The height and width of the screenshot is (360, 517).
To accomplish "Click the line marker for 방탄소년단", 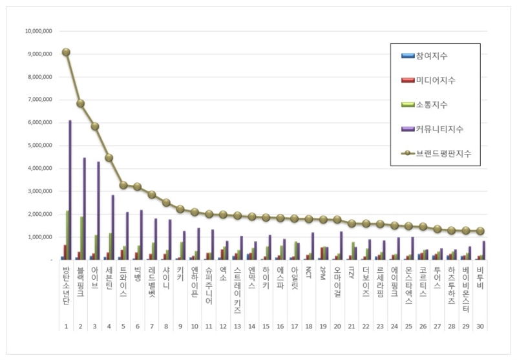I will (66, 52).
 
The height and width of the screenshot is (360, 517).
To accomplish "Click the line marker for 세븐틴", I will (109, 158).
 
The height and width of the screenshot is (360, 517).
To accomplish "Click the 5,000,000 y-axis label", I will (40, 145).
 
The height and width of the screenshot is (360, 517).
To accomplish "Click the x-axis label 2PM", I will (323, 275).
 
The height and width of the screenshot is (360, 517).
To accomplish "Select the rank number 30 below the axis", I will (480, 326).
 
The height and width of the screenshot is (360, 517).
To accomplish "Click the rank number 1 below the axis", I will (66, 326).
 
